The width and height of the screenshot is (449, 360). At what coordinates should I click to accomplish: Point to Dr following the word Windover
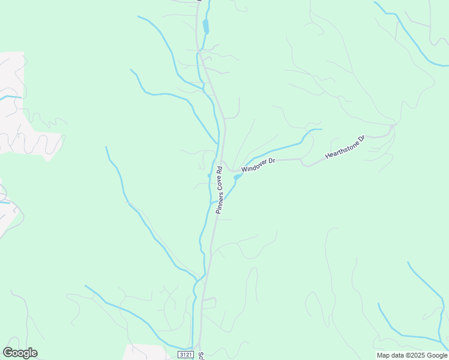click(271, 161)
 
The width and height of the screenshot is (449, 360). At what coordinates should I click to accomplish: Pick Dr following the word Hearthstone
click(361, 139)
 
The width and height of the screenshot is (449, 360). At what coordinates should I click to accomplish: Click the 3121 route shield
click(186, 355)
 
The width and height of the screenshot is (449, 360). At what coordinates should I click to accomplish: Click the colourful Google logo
click(20, 353)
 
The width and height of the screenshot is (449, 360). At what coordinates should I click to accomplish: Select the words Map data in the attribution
click(390, 355)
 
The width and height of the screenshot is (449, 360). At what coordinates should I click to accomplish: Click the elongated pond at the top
click(206, 26)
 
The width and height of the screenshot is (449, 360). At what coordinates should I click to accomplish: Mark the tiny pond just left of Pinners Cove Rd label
click(209, 175)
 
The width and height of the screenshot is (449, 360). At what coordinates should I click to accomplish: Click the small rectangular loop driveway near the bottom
click(208, 303)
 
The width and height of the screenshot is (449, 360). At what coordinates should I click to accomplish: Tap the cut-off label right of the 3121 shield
click(202, 355)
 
